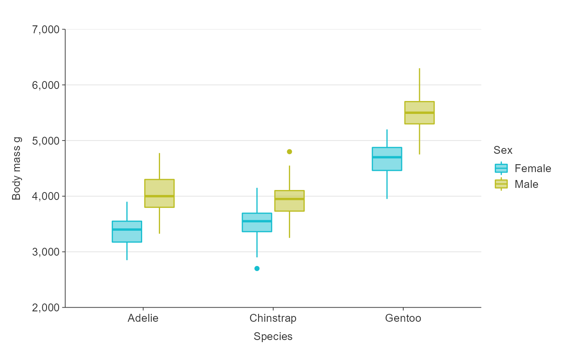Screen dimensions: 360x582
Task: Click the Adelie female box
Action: (x=127, y=232)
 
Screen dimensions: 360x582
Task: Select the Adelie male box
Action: (x=159, y=193)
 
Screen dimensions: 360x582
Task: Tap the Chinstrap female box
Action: (x=257, y=222)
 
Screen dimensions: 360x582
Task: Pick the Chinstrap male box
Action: (x=289, y=201)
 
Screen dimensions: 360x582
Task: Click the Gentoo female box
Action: (x=387, y=159)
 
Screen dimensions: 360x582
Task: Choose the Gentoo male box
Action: (x=419, y=113)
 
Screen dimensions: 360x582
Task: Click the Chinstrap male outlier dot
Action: (x=289, y=152)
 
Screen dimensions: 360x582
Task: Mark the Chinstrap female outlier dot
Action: (x=257, y=269)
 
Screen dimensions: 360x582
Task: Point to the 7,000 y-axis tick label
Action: (x=45, y=30)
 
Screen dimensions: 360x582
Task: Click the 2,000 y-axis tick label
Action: (x=45, y=308)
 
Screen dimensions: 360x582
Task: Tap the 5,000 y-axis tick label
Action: (x=45, y=141)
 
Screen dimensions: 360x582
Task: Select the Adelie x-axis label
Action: (x=143, y=318)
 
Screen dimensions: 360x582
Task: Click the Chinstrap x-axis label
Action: (x=273, y=318)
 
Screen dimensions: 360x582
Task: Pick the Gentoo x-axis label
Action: (x=403, y=318)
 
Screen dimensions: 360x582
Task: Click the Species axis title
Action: (x=273, y=337)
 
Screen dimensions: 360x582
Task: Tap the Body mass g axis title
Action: (x=17, y=168)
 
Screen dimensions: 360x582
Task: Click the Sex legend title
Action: (x=503, y=150)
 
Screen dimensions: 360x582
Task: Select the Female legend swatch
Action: (x=501, y=168)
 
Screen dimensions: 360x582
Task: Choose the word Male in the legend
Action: (x=526, y=184)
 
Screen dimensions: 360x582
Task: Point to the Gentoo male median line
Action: (x=419, y=113)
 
